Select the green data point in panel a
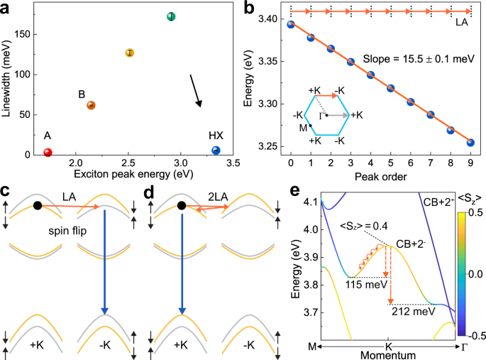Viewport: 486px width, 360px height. coord(171,16)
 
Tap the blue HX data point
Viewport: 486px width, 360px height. coord(216,150)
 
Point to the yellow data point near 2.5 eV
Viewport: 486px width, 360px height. coord(130,53)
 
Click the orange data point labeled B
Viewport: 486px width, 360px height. coord(91,105)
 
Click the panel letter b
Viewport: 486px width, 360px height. coord(249,9)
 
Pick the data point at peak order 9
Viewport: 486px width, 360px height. coord(470,142)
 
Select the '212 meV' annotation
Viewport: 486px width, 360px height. coord(409,311)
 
